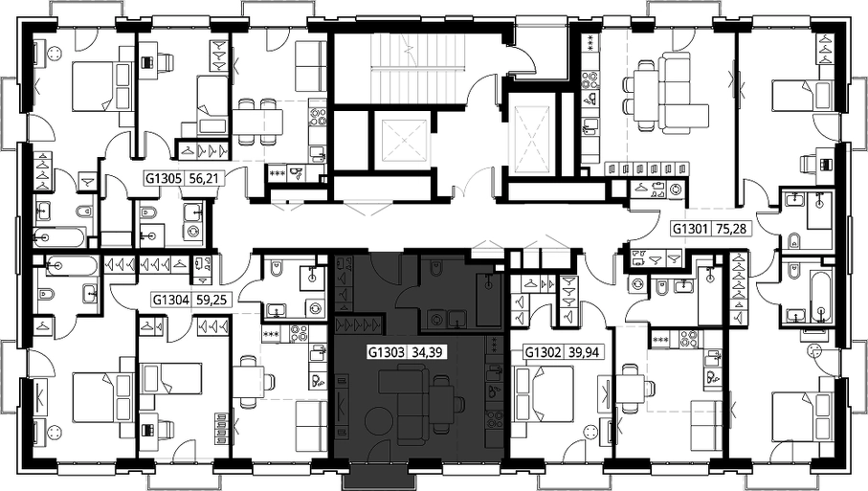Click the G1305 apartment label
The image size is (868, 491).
coord(164,179)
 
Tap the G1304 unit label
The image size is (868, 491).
coord(171,301)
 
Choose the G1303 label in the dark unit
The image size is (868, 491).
coord(387,352)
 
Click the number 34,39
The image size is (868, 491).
coord(427,352)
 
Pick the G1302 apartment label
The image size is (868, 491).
coord(544,352)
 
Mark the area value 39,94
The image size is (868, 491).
coord(584,352)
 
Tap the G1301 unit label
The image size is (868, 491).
coord(690,228)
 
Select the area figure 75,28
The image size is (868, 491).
coord(731,228)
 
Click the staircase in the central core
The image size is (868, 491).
coord(418,69)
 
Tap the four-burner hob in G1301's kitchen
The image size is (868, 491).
coord(589,80)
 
